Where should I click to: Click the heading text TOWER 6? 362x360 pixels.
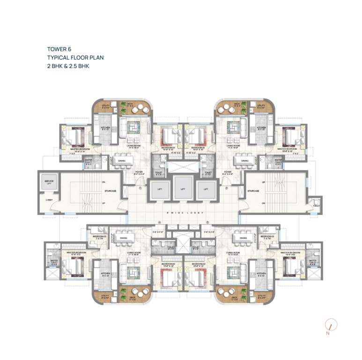(59, 48)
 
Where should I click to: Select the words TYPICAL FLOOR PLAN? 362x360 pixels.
(75, 57)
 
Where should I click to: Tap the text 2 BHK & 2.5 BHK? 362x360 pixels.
(68, 66)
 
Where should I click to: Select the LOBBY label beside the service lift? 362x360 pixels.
(49, 200)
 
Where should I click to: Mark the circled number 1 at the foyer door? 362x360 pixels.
(140, 189)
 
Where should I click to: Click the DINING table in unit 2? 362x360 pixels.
(244, 162)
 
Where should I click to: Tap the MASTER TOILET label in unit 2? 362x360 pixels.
(265, 163)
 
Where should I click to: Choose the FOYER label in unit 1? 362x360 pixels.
(139, 172)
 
